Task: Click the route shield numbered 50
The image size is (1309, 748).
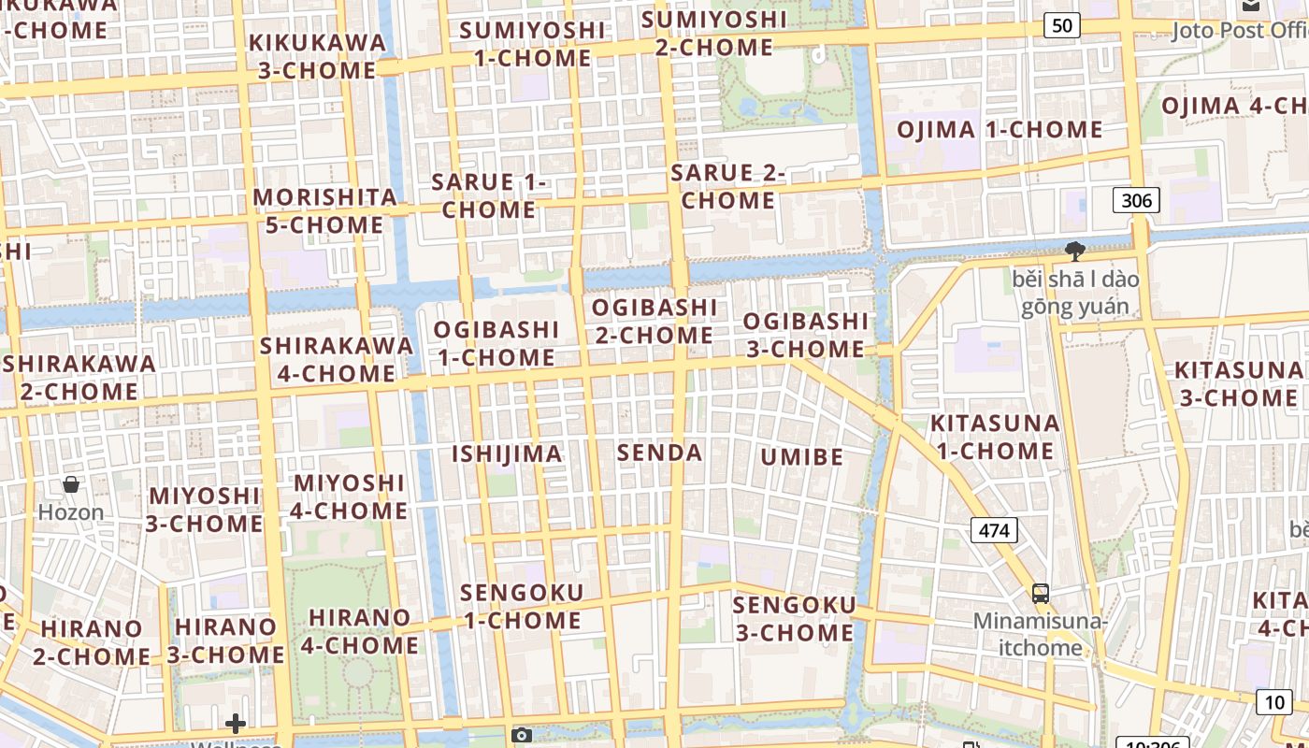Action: tap(1061, 25)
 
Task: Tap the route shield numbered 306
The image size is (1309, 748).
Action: tap(1136, 200)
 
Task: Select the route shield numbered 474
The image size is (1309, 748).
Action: tap(994, 531)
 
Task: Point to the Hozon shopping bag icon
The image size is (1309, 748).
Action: tap(70, 484)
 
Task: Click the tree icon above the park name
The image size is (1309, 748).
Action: tap(1075, 251)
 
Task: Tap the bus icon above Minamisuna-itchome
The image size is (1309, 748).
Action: tap(1040, 593)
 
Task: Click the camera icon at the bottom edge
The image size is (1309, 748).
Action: tap(522, 735)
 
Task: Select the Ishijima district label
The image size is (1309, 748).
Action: tap(508, 454)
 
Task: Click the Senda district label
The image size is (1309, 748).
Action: tap(659, 453)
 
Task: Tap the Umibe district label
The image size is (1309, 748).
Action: tap(802, 457)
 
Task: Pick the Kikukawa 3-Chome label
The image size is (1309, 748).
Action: tap(317, 56)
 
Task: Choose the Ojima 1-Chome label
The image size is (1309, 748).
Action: tap(1000, 130)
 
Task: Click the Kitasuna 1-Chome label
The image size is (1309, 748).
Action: tap(995, 437)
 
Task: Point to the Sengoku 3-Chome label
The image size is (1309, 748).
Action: tap(794, 619)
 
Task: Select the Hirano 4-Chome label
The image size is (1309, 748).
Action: tap(359, 631)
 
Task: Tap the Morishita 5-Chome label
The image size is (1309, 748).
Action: tap(324, 210)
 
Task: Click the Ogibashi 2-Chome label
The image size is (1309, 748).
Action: tap(654, 321)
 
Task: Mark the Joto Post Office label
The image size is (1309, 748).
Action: tap(1239, 31)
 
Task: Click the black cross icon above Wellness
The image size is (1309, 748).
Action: tap(236, 723)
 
